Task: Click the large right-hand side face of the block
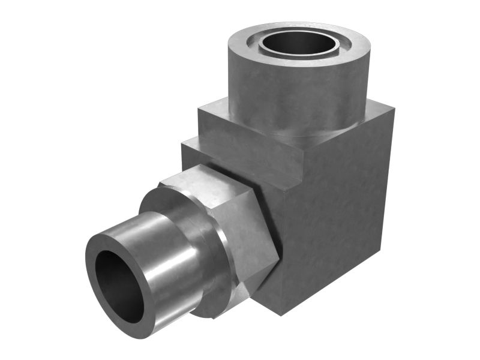point(336,222)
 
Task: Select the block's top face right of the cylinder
point(375,111)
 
